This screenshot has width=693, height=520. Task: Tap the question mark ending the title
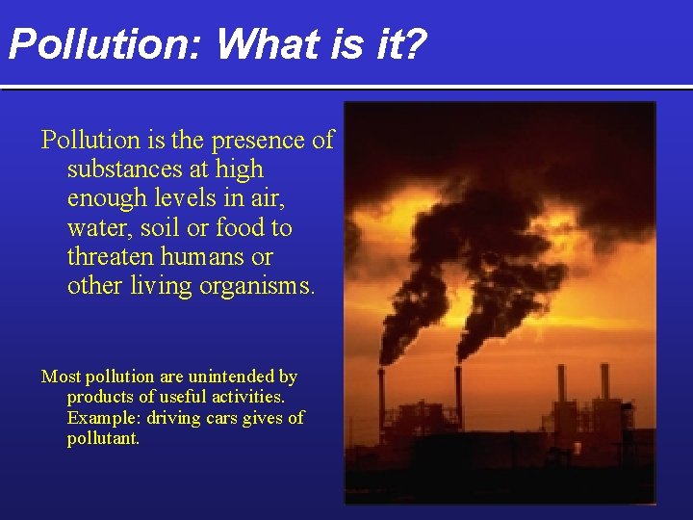tap(413, 44)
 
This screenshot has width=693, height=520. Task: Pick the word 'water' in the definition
tap(96, 229)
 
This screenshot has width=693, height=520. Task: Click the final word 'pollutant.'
tap(103, 438)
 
